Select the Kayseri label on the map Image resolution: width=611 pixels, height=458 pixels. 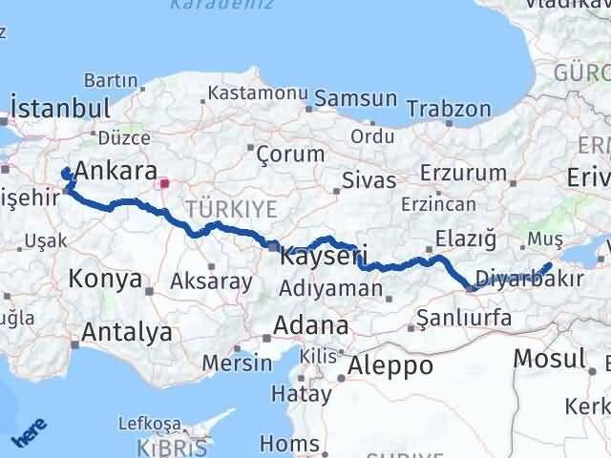(319, 257)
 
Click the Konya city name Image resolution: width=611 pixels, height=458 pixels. (105, 280)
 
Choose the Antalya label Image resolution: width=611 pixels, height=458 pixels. (128, 332)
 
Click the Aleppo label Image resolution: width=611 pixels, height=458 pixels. (390, 365)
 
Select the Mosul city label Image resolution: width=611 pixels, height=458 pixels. (549, 359)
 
